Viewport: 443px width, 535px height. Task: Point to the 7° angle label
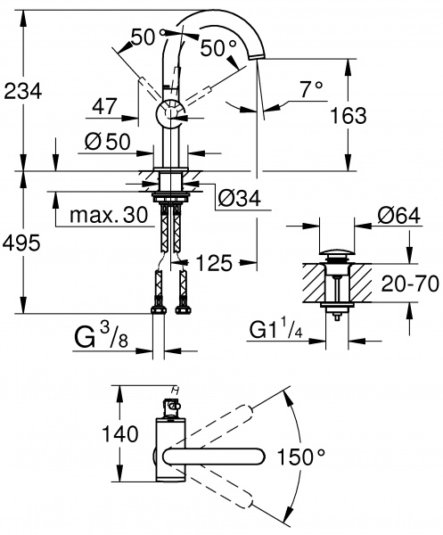pos(312,88)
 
